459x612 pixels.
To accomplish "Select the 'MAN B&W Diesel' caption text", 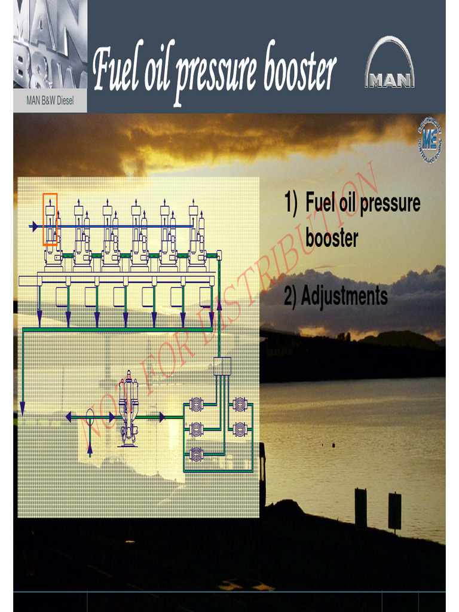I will click(50, 101).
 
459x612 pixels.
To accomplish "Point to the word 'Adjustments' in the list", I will click(344, 296).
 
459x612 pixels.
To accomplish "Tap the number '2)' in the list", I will click(290, 296).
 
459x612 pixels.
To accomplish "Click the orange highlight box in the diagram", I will click(50, 219).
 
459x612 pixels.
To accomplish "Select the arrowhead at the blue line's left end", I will click(34, 227).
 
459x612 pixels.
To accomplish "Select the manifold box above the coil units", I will click(222, 366).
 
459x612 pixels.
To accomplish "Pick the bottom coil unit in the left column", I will click(196, 453).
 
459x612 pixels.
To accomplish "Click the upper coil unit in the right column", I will click(240, 405).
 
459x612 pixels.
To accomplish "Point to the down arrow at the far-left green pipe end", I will click(23, 408).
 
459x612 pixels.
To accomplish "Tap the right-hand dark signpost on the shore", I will click(394, 510).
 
